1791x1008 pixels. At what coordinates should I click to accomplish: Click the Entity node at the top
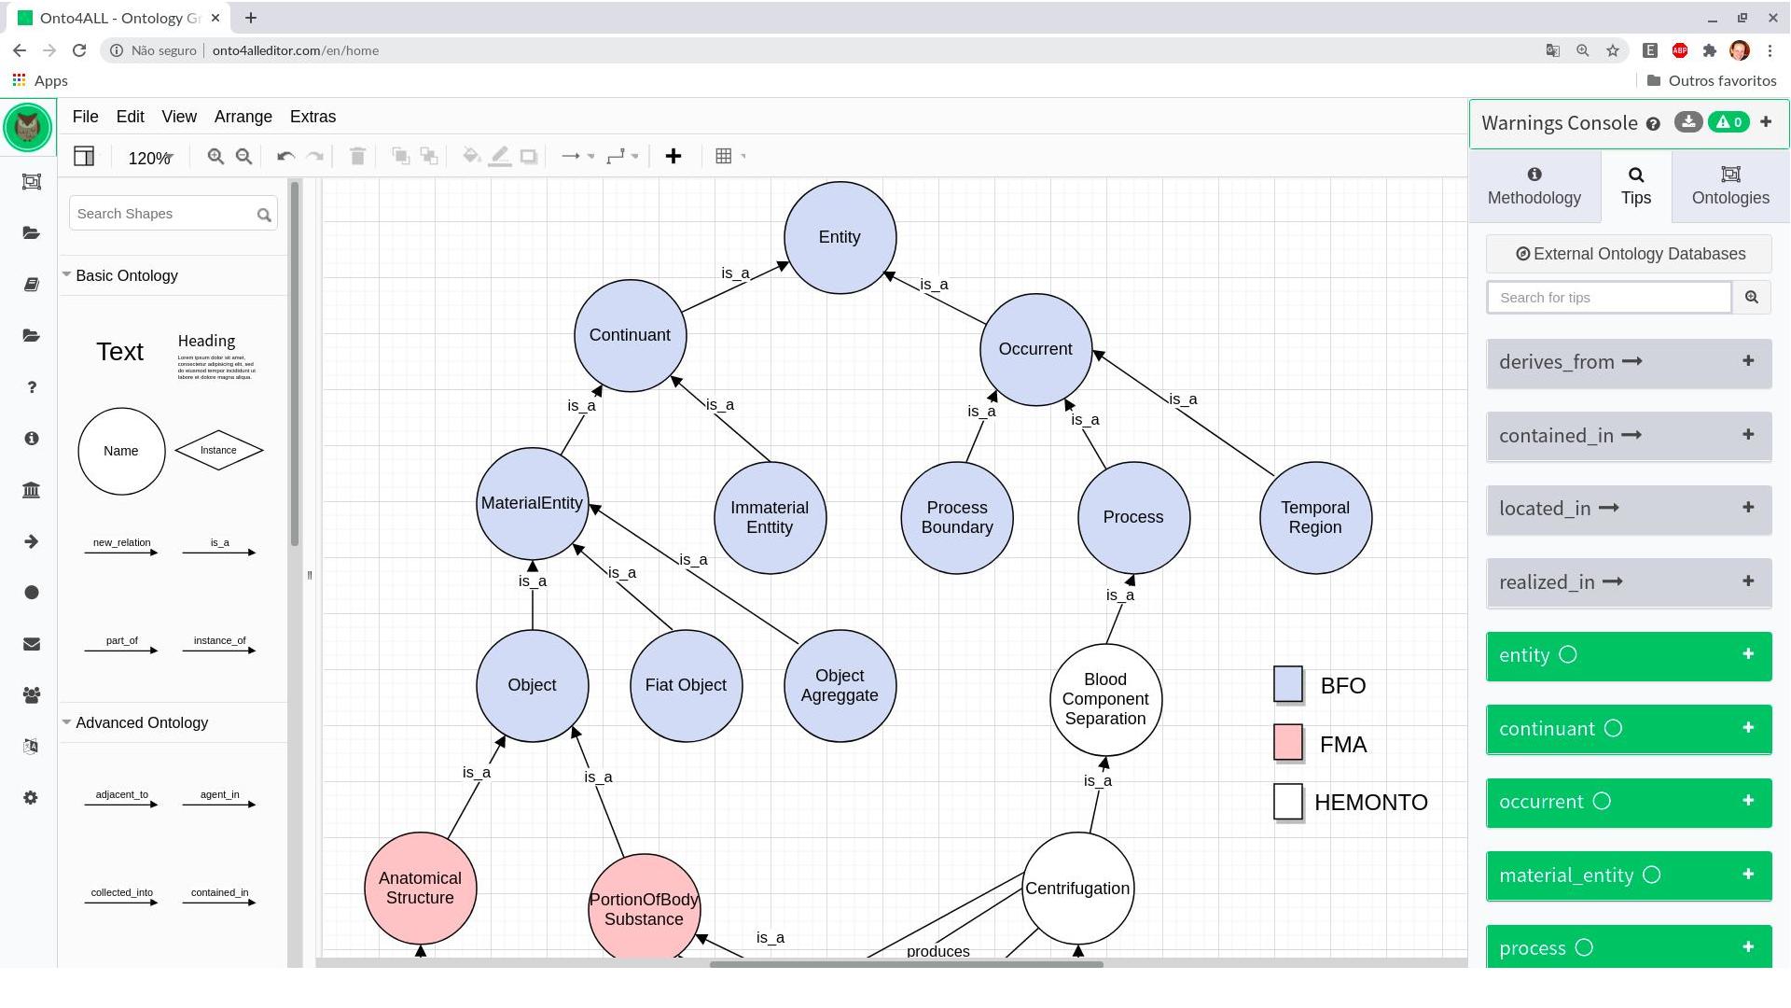click(x=840, y=237)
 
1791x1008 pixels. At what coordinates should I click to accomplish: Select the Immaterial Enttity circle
click(x=770, y=517)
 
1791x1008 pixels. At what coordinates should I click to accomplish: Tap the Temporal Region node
click(x=1315, y=517)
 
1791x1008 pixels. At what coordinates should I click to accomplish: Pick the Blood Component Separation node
click(x=1105, y=699)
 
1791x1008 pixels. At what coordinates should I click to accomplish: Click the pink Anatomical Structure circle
click(x=420, y=888)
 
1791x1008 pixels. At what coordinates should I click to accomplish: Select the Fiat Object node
click(x=686, y=685)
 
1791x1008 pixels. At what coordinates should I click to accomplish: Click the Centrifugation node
click(x=1077, y=889)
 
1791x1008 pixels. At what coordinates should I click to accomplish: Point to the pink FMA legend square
click(x=1287, y=743)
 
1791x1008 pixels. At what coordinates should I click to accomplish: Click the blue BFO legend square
click(x=1287, y=684)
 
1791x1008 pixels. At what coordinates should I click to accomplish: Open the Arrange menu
click(x=243, y=117)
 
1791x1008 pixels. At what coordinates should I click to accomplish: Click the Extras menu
click(x=312, y=117)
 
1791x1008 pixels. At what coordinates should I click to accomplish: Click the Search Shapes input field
click(x=163, y=214)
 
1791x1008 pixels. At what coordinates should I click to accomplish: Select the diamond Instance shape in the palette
click(x=218, y=451)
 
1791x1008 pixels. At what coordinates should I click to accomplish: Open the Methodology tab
click(x=1534, y=186)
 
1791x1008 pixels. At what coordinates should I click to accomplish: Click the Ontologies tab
click(x=1729, y=186)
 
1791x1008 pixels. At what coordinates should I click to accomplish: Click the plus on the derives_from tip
click(x=1747, y=361)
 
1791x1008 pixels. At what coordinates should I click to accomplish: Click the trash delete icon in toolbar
click(x=357, y=157)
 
